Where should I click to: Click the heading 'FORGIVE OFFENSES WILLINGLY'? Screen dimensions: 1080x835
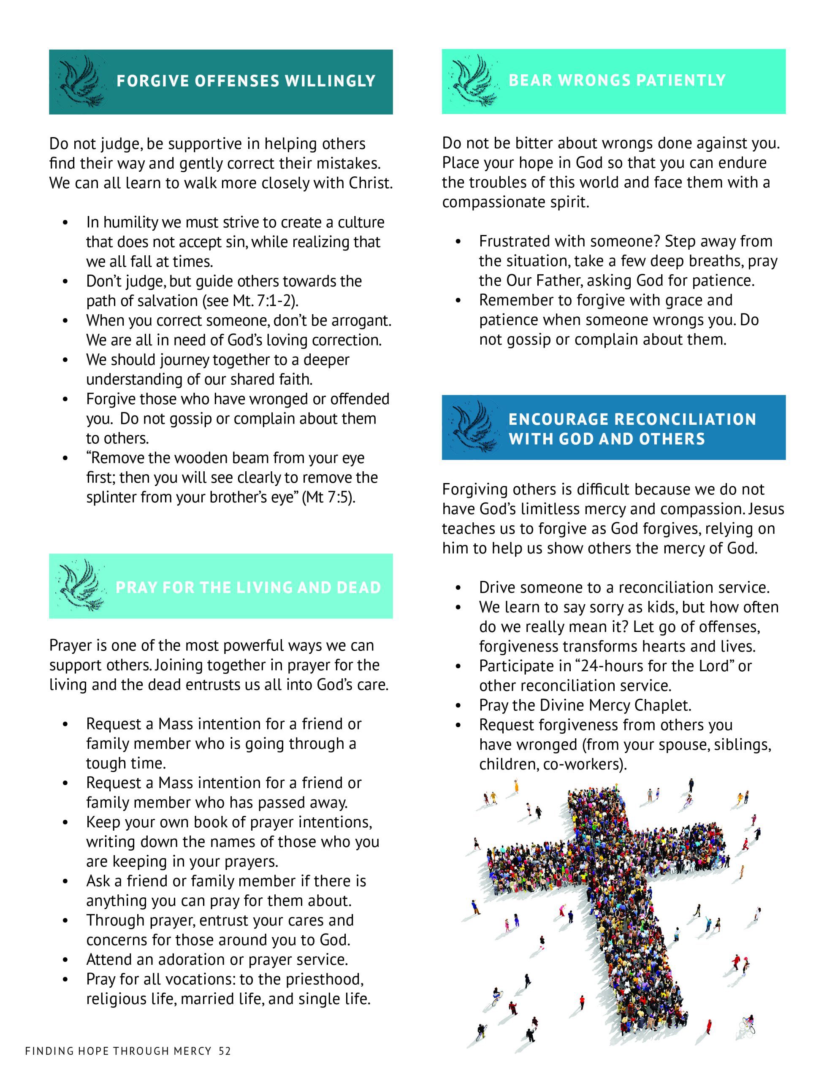pyautogui.click(x=246, y=81)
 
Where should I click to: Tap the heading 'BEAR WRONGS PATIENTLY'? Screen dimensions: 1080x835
pyautogui.click(x=617, y=80)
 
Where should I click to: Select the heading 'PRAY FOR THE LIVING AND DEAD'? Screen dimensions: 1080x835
pyautogui.click(x=248, y=588)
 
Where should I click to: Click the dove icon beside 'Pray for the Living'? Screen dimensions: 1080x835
pyautogui.click(x=79, y=586)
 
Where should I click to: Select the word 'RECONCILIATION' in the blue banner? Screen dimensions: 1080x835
pyautogui.click(x=685, y=419)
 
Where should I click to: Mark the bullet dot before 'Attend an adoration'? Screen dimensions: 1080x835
pyautogui.click(x=65, y=960)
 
